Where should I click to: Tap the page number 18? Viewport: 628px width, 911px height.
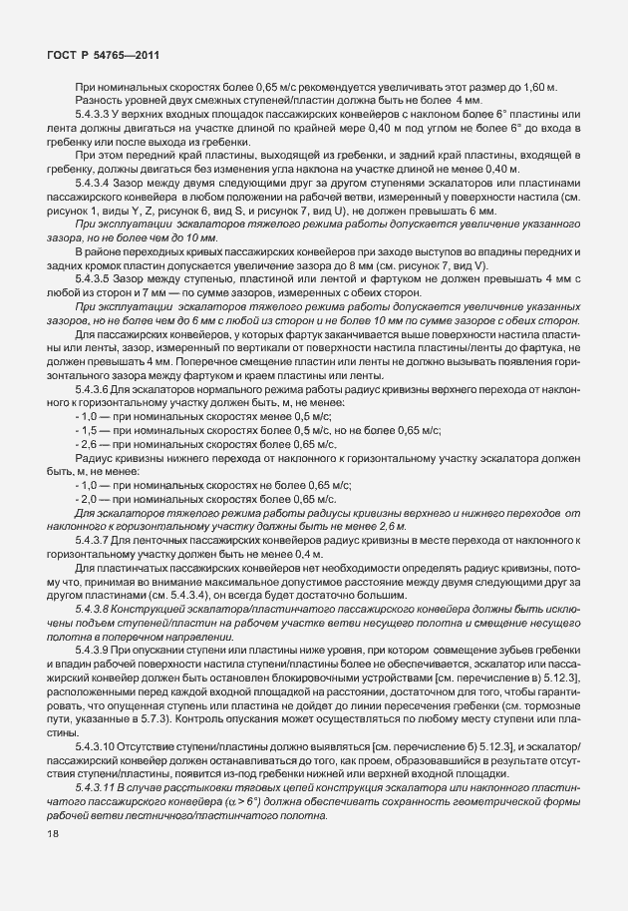click(x=53, y=834)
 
